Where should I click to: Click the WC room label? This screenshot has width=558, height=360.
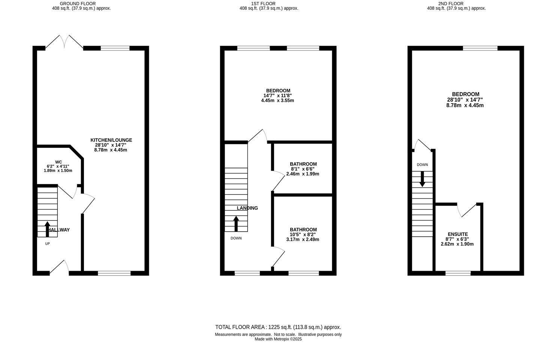point(58,162)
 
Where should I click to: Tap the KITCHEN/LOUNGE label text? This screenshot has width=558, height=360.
point(111,140)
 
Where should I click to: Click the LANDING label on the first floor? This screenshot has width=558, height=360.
point(247,208)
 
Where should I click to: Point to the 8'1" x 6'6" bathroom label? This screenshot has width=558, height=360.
point(303,169)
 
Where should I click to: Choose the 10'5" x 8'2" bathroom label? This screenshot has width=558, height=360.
point(303,234)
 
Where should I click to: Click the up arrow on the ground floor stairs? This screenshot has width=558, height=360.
point(47,229)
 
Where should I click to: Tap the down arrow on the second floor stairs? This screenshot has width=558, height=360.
point(422,179)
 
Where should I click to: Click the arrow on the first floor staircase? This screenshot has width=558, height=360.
point(236,223)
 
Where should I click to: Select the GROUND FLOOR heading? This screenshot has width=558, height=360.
point(78,3)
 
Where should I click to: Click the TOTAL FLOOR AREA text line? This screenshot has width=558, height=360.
point(278,327)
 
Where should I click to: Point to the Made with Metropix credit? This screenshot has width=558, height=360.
point(278,339)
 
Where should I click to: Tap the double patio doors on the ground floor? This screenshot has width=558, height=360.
point(64,42)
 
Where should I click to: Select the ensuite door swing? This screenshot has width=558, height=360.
point(468,210)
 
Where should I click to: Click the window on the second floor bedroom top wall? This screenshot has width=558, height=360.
point(480,48)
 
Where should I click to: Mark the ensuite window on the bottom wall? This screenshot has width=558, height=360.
point(458,273)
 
